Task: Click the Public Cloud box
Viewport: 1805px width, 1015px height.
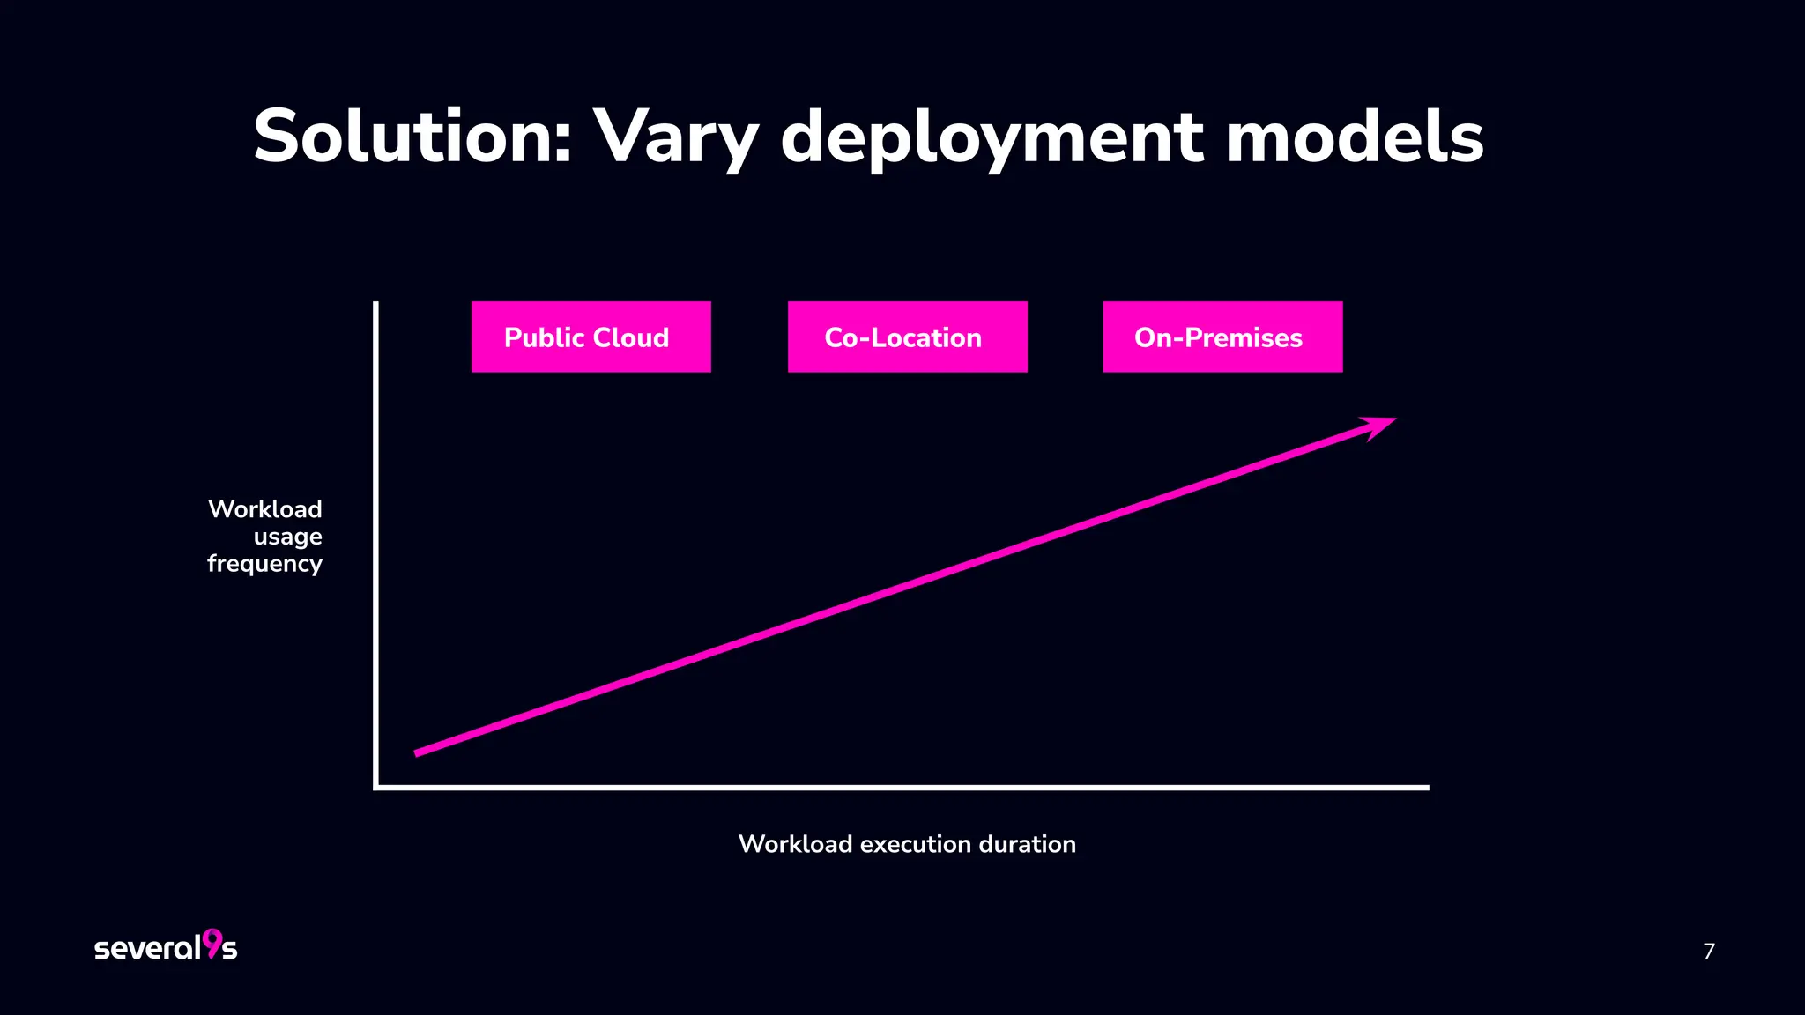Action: (591, 337)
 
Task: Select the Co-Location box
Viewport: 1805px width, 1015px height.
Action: (907, 337)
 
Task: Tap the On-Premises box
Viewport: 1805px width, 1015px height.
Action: (1222, 337)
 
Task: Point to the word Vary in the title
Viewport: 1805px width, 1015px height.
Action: (675, 139)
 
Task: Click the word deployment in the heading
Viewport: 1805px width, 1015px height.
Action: (992, 139)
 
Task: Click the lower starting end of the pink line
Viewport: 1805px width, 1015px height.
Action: (418, 752)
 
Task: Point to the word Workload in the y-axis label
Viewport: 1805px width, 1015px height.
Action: (264, 509)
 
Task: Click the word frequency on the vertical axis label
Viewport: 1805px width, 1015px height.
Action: (264, 564)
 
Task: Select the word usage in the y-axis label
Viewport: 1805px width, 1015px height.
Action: (287, 537)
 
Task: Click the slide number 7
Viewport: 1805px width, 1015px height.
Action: (1708, 952)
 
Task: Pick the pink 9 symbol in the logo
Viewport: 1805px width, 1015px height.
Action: (212, 943)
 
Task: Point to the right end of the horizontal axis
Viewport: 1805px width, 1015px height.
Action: (1426, 788)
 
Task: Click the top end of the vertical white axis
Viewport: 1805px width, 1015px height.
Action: (376, 305)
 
